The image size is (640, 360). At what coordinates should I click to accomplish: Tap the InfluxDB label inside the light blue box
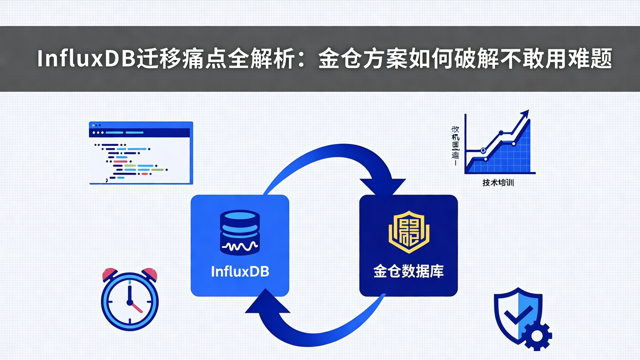(x=240, y=272)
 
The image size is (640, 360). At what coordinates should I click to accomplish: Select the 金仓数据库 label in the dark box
(x=408, y=272)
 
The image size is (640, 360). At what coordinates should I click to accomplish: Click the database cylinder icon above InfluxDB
(x=240, y=232)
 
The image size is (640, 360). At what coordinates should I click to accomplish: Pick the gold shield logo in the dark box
(x=408, y=232)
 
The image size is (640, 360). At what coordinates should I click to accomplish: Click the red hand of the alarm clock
(x=136, y=308)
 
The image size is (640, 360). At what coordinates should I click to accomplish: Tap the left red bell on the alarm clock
(x=109, y=274)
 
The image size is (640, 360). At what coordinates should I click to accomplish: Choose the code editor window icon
(x=141, y=152)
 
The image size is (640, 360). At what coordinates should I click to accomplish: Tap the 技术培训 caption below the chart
(x=498, y=183)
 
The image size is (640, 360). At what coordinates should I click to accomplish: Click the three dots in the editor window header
(x=98, y=132)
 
